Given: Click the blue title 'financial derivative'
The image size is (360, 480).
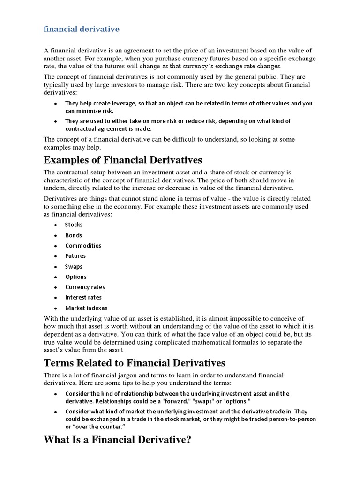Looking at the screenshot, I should (82, 29).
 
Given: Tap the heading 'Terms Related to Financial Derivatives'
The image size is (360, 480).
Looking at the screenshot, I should (135, 363).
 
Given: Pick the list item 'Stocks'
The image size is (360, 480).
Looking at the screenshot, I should (74, 225).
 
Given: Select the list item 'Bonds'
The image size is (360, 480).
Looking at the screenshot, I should (74, 235).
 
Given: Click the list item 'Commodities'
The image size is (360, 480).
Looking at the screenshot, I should (83, 246).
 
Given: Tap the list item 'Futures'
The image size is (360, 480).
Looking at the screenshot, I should (75, 256).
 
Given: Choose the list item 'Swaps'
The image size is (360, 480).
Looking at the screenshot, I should (74, 266).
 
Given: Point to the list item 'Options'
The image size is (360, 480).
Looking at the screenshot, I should (76, 277).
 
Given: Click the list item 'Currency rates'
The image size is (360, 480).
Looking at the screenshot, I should (85, 287).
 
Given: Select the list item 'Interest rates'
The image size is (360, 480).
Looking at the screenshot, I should (83, 297).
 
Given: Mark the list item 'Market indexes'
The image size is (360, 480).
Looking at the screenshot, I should (86, 308).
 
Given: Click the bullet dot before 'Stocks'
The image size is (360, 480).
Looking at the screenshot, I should (56, 225).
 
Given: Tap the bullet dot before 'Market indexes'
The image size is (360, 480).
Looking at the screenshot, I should (56, 308).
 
